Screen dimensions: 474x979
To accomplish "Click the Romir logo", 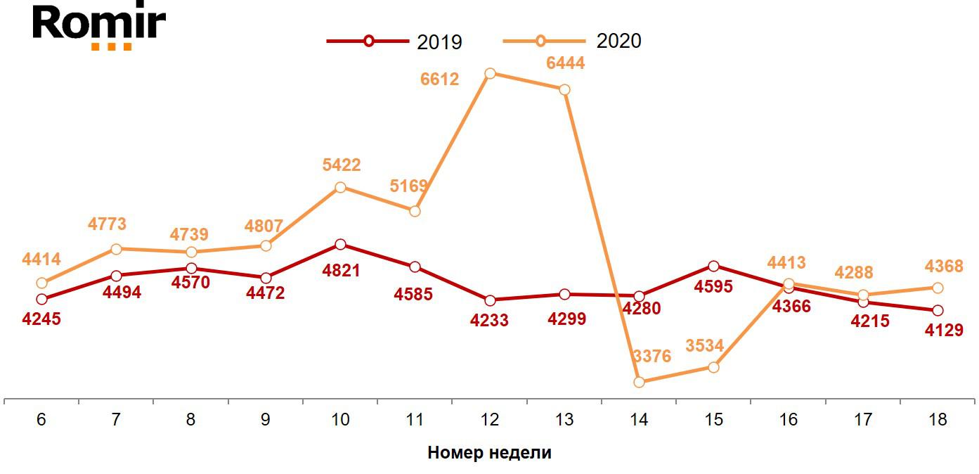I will tap(99, 26).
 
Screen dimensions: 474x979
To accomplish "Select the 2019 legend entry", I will tap(394, 41).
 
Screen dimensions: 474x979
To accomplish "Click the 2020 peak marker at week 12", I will tap(491, 73).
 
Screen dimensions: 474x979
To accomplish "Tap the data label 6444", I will tap(565, 63).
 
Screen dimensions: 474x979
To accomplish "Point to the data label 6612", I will tap(439, 79).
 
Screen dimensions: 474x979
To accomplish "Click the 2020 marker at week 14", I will tap(639, 382).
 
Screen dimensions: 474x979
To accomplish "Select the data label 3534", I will tap(704, 346).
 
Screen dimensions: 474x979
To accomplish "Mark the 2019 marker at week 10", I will tap(340, 245).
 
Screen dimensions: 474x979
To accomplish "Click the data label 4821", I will tap(340, 270).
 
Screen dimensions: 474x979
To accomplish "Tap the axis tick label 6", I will tap(41, 420).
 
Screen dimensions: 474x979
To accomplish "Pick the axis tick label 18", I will tap(938, 420).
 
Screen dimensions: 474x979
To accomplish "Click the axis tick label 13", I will tap(564, 420).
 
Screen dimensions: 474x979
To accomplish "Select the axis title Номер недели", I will tap(489, 453).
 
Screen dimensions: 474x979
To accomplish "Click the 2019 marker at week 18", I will tap(938, 310).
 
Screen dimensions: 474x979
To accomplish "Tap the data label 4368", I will tap(943, 267).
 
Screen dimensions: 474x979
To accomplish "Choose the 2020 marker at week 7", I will tap(116, 249).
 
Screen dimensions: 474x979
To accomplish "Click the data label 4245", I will tap(41, 319).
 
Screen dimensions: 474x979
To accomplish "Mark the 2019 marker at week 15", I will tap(713, 266).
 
